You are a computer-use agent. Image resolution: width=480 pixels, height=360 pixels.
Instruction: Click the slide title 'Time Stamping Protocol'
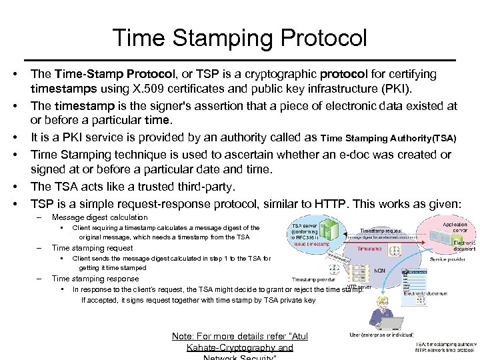tap(240, 37)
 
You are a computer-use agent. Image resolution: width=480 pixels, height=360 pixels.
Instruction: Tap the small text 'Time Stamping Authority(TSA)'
tap(389, 139)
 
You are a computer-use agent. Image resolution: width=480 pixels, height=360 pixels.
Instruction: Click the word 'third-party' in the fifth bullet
tap(201, 186)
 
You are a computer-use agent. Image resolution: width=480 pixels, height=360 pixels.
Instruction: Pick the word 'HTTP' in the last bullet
tap(325, 202)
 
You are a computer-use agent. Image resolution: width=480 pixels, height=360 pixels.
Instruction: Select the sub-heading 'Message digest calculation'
tap(99, 217)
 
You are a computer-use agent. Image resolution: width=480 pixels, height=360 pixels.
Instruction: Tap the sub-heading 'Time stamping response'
tap(95, 279)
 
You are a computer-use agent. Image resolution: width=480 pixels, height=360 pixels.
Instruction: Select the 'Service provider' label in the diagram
tap(452, 259)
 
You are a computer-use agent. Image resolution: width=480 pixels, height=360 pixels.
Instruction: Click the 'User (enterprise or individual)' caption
tap(382, 335)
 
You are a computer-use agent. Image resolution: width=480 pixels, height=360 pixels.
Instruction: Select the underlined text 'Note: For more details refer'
tap(239, 336)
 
